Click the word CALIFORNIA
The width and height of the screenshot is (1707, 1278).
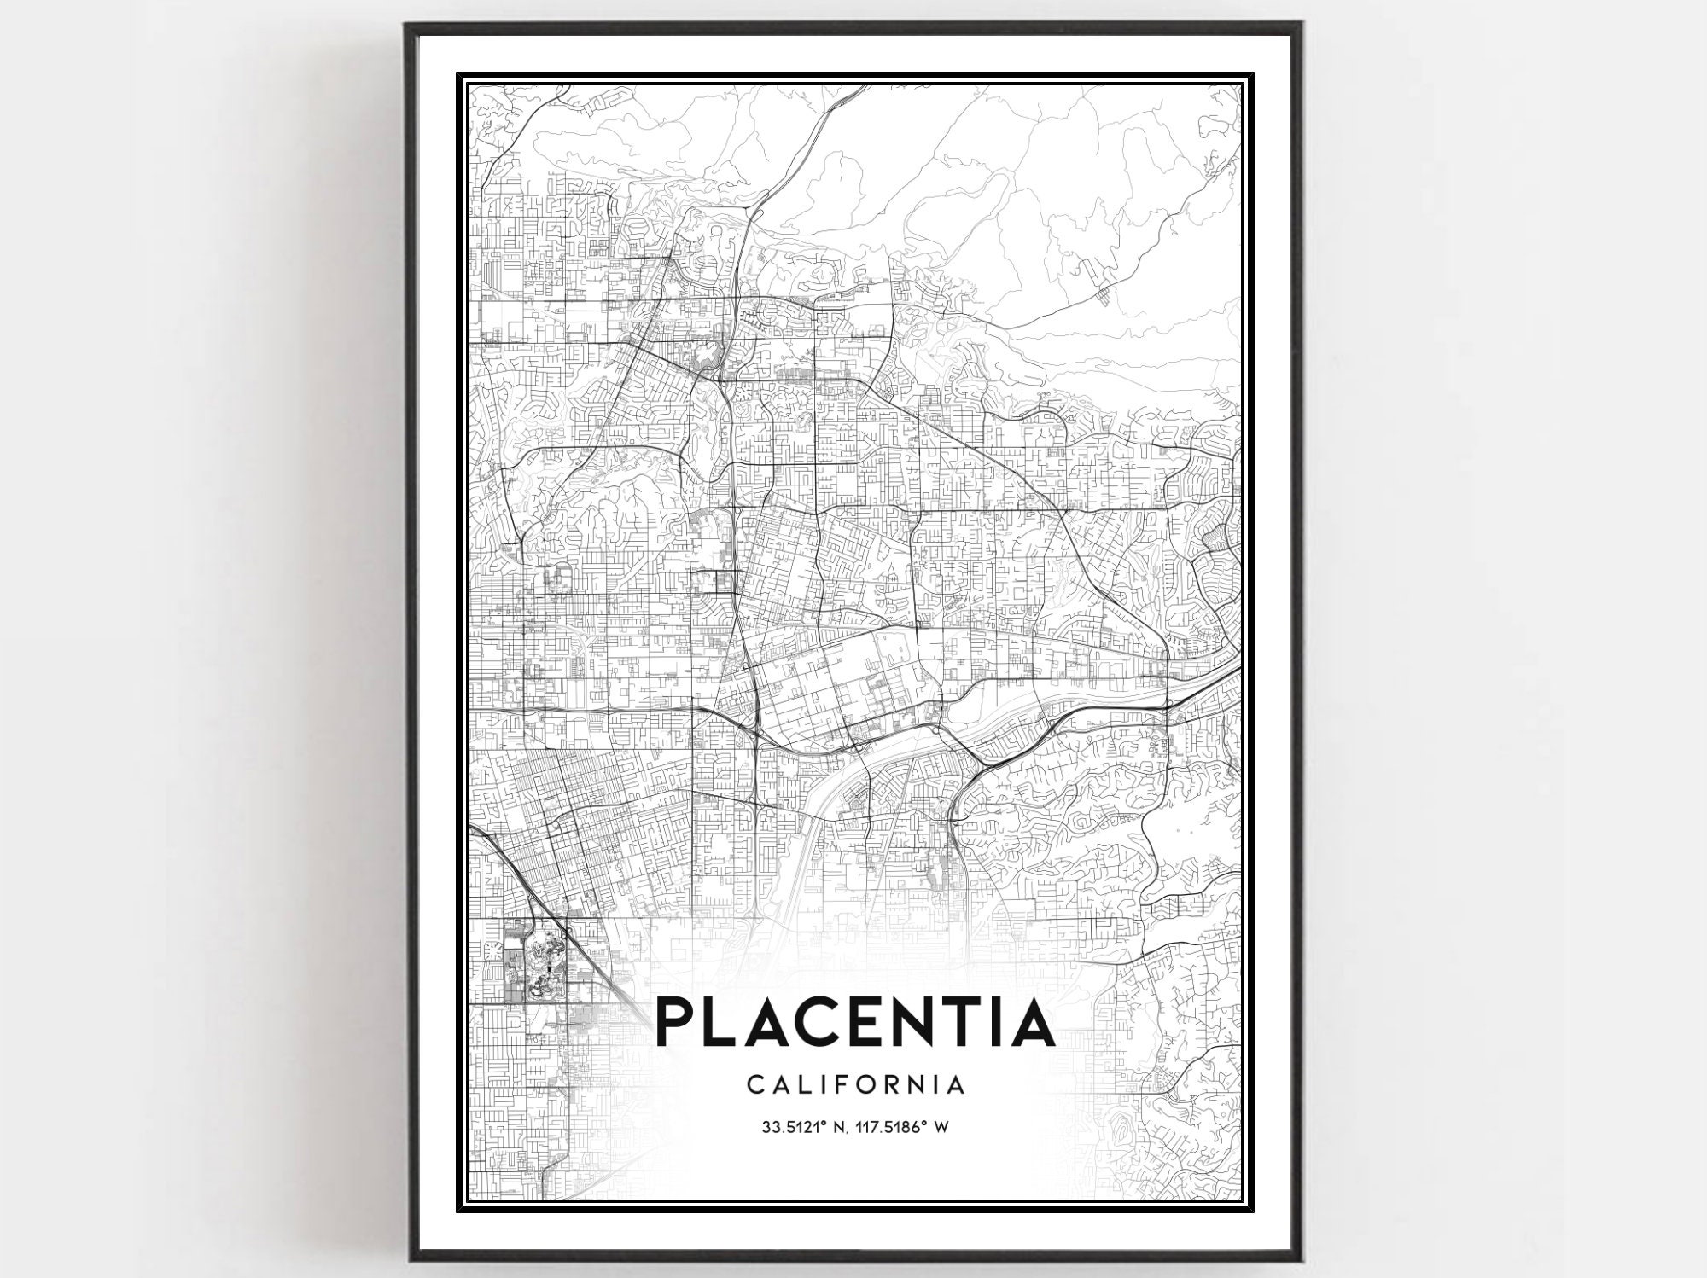pos(856,1085)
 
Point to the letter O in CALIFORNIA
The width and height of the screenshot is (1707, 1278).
pos(856,1085)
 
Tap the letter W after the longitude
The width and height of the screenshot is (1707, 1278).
pos(942,1128)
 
